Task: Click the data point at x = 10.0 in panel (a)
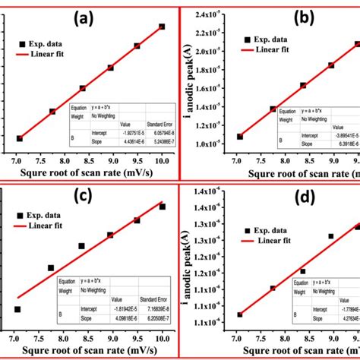pyautogui.click(x=162, y=27)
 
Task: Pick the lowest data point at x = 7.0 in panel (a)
pyautogui.click(x=20, y=138)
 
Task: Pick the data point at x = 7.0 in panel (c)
pyautogui.click(x=17, y=309)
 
